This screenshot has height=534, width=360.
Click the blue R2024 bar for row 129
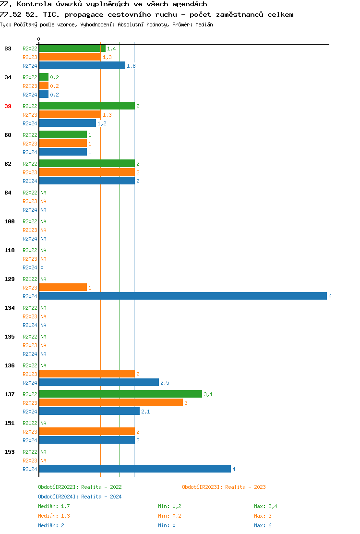(182, 296)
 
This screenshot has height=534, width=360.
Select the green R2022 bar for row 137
(120, 394)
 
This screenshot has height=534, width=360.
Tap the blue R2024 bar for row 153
(134, 469)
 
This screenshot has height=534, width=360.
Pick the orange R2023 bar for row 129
(63, 288)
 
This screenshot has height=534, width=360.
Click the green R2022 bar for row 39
(87, 106)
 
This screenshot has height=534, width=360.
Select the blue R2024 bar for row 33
(82, 66)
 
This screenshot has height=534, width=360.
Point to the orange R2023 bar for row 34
(44, 86)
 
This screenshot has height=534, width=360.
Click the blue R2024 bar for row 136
(99, 383)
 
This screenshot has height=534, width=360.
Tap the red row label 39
(8, 106)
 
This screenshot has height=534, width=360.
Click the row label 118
(10, 250)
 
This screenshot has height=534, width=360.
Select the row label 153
(10, 452)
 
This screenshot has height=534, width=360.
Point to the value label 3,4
(208, 394)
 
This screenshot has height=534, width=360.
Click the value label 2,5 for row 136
(165, 383)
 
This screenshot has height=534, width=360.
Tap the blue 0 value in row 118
(42, 267)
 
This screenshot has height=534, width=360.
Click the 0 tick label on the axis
(39, 39)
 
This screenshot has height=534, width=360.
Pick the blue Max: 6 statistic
(263, 525)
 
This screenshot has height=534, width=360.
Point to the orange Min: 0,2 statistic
(169, 516)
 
